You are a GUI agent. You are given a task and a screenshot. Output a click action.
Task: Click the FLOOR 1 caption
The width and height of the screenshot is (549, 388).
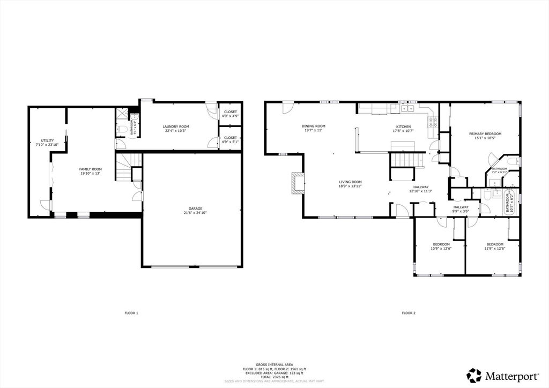(131, 313)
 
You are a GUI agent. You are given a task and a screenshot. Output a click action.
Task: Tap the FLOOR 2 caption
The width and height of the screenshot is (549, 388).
(409, 313)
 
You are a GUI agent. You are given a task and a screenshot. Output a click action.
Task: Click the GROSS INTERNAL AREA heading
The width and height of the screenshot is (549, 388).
(274, 364)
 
